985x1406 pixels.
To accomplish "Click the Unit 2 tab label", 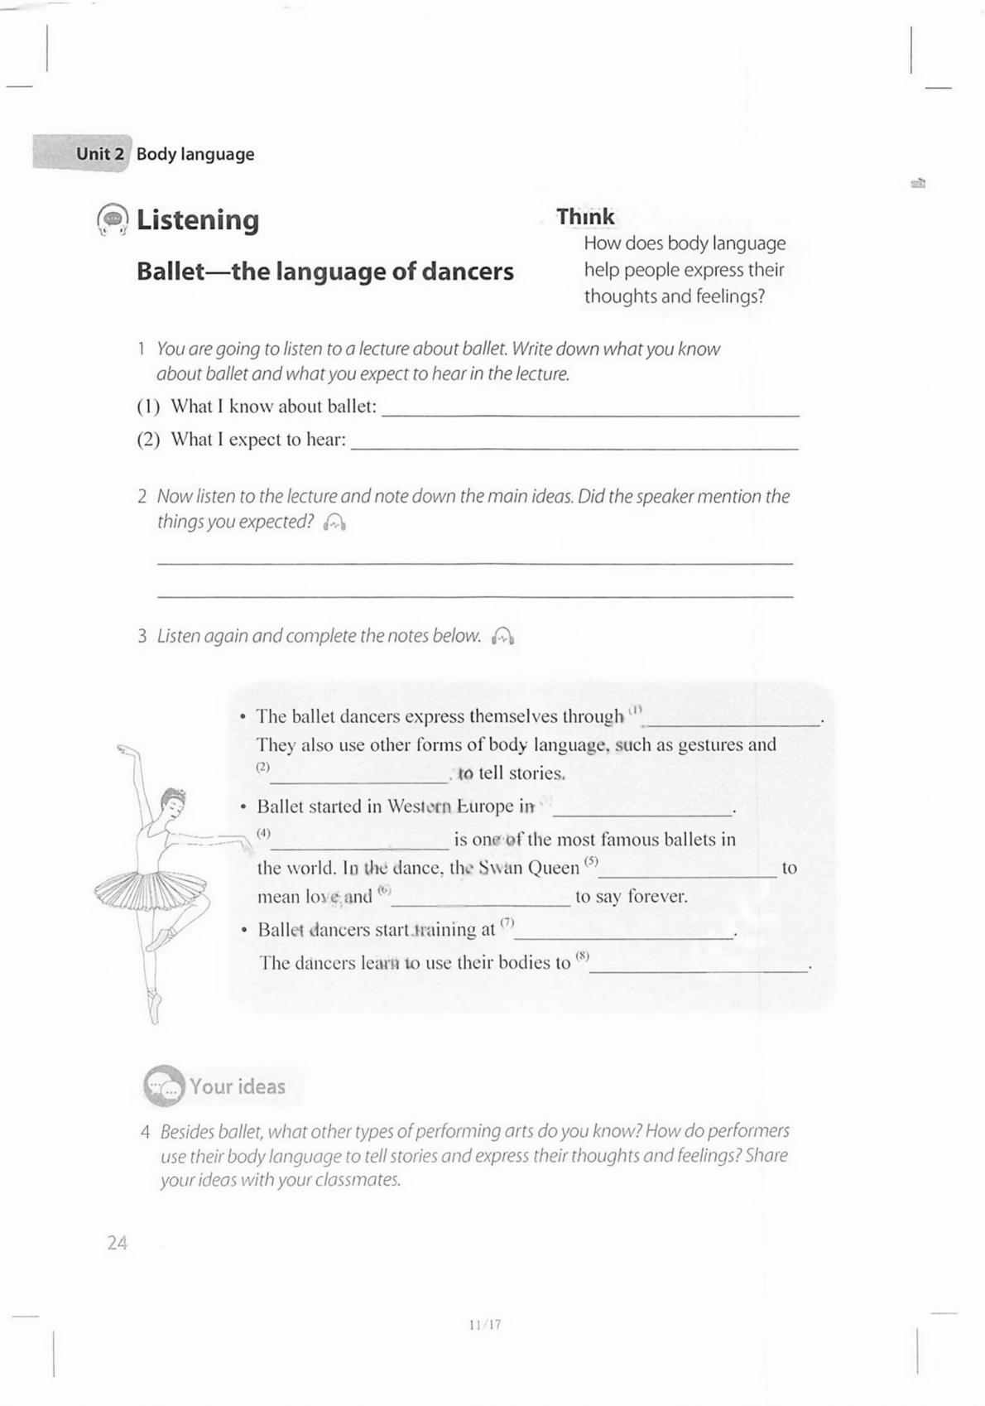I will (x=99, y=154).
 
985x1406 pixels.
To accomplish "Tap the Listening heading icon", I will (x=113, y=219).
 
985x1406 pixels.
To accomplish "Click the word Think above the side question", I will (x=584, y=217).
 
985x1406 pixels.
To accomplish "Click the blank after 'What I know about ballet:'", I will (x=590, y=409).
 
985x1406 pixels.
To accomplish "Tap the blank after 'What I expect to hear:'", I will (x=574, y=442).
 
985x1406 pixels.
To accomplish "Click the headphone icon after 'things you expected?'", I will (x=334, y=522).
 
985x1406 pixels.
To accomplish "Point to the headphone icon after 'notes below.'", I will (x=502, y=636).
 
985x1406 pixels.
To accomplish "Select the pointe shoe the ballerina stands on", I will (x=155, y=1006).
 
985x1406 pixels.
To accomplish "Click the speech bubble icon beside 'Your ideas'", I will (x=163, y=1086).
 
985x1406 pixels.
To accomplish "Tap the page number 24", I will (x=118, y=1242).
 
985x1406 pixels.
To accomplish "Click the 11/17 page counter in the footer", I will (x=485, y=1324).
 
